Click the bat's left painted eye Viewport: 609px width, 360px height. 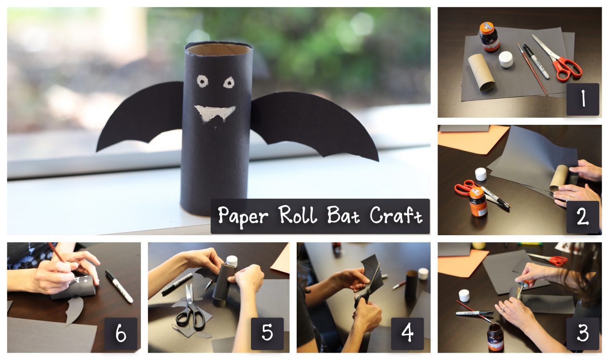tap(203, 81)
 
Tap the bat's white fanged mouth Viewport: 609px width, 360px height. tap(215, 113)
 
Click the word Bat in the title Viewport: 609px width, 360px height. tap(344, 215)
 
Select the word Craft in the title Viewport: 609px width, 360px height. tap(396, 215)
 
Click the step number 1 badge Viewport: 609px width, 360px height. tap(582, 99)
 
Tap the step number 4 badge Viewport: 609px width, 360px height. tap(407, 333)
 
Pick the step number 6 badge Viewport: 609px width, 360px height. tap(121, 333)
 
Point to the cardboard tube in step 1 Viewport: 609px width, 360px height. tap(481, 72)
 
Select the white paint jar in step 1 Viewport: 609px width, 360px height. tap(506, 60)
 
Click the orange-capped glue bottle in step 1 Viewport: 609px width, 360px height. tap(489, 37)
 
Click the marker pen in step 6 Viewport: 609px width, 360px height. tap(119, 286)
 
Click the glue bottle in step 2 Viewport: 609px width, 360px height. tap(478, 202)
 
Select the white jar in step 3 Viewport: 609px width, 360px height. tap(464, 295)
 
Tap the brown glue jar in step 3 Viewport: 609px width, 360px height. tap(495, 337)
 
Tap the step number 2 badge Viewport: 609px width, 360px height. tap(582, 217)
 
